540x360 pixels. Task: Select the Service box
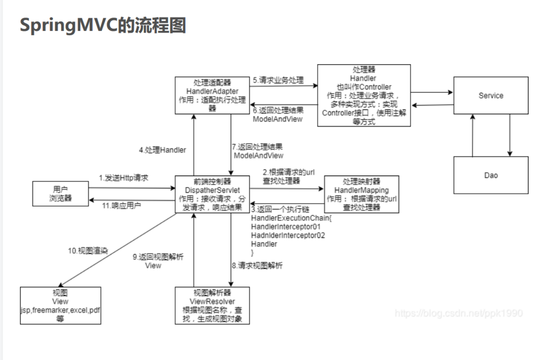491,96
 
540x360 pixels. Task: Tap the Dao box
491,175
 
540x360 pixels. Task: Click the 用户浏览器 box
60,194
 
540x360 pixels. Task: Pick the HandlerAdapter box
212,96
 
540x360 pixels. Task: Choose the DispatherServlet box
212,194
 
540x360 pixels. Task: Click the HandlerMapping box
361,194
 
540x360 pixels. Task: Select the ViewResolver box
212,306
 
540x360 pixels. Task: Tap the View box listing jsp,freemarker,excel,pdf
60,306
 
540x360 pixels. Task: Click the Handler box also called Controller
364,96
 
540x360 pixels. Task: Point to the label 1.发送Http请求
123,178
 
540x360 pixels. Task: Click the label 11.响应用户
121,206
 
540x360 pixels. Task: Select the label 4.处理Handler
162,150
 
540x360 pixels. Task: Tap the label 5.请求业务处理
279,80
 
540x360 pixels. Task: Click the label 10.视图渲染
88,251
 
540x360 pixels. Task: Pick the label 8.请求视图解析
257,265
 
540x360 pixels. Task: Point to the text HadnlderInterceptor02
288,235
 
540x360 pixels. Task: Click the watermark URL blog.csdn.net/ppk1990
459,313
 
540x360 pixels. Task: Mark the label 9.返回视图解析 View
158,261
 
